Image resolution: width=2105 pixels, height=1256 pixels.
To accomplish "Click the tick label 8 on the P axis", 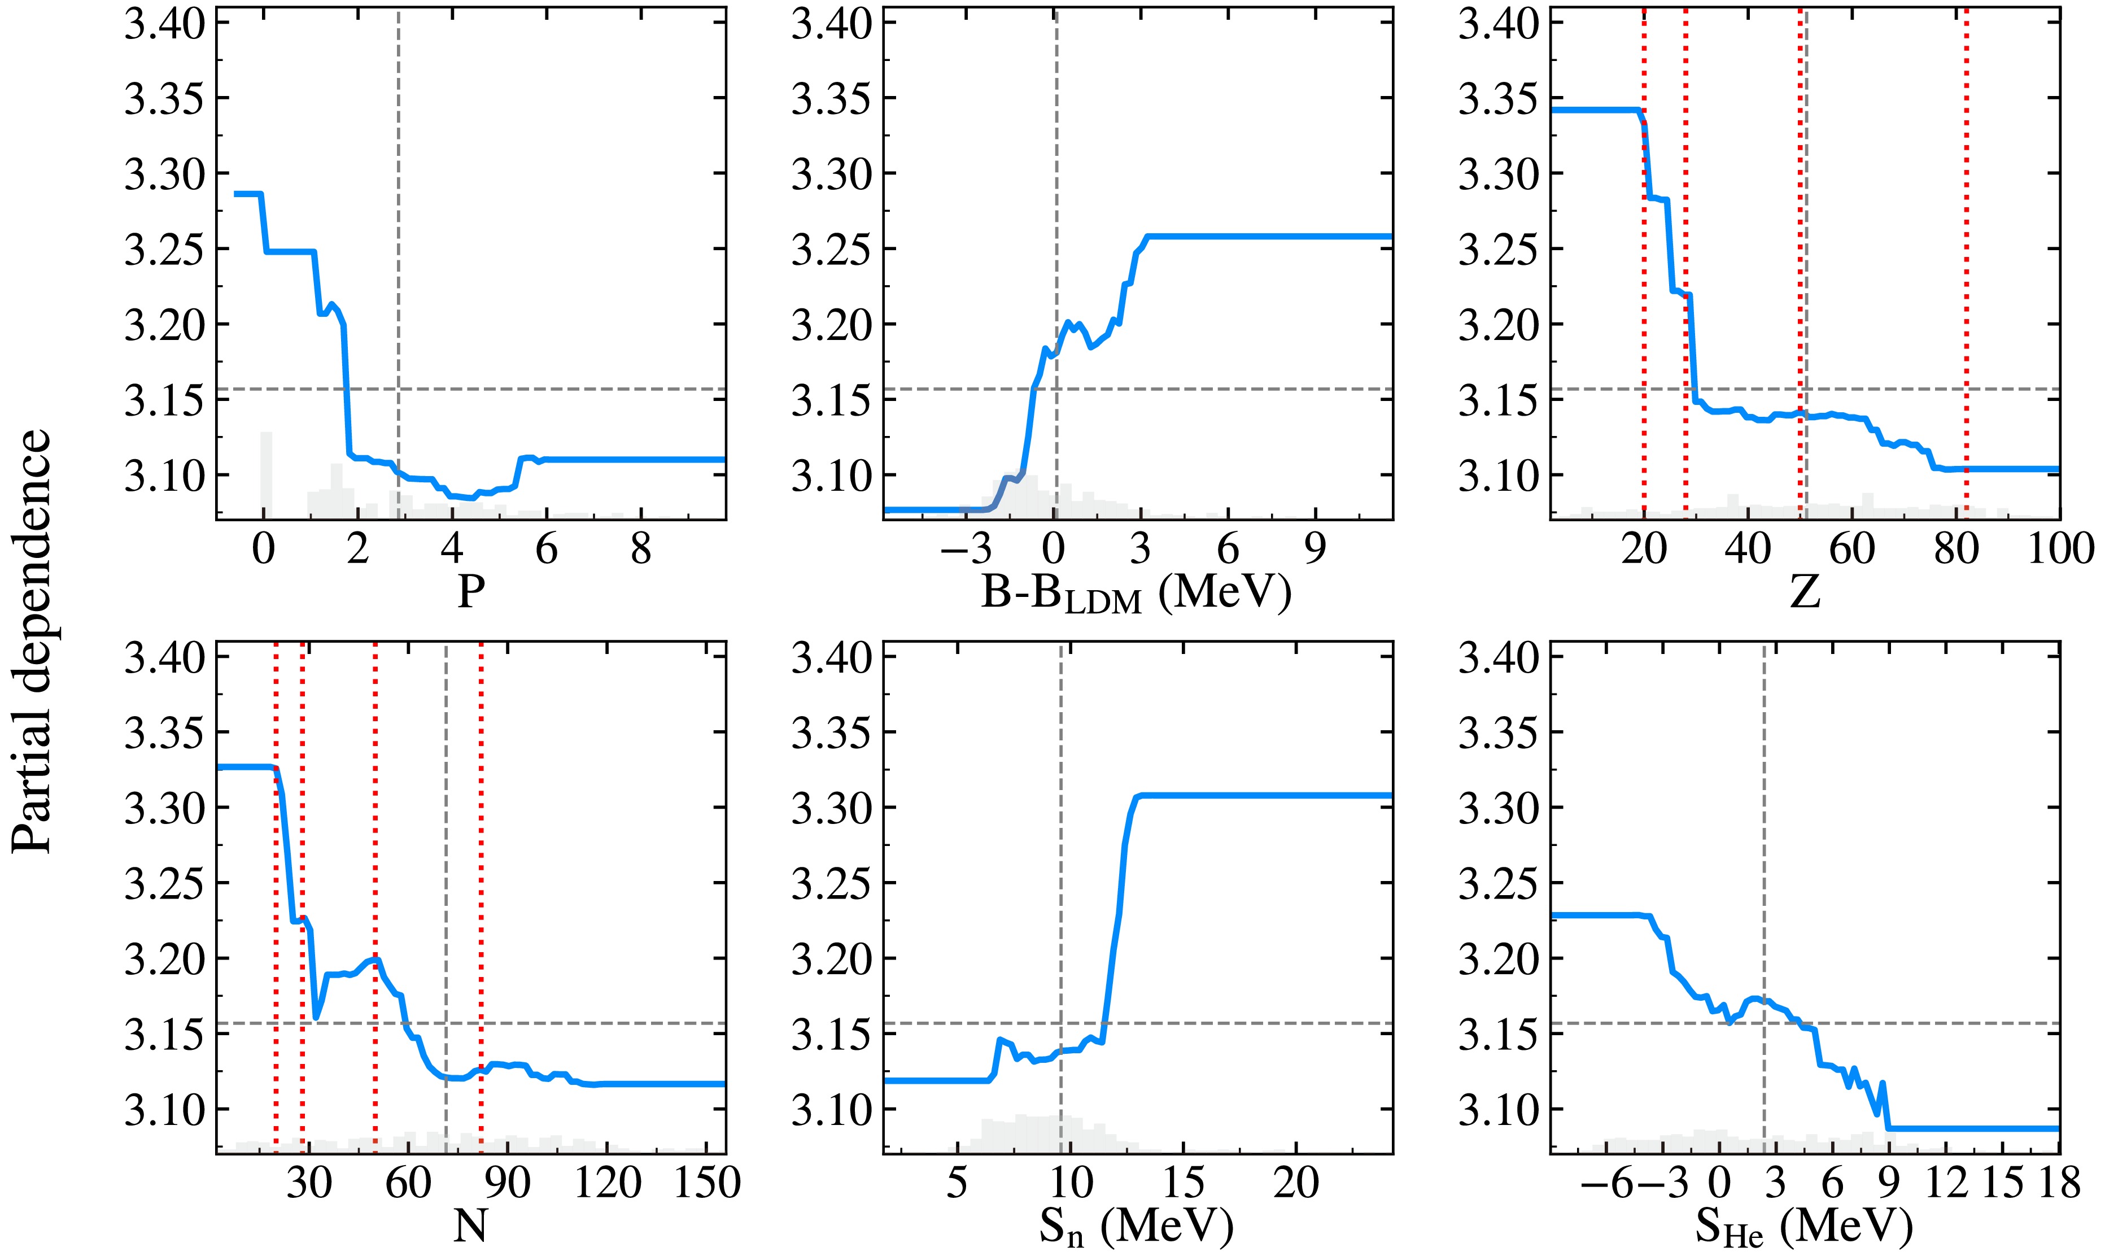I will pos(641,550).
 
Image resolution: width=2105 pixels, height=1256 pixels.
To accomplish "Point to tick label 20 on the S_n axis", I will pos(1295,1183).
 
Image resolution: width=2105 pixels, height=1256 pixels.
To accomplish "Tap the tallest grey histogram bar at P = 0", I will pos(265,474).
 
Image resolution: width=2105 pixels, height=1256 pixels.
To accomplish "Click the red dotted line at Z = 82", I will pos(1966,254).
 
